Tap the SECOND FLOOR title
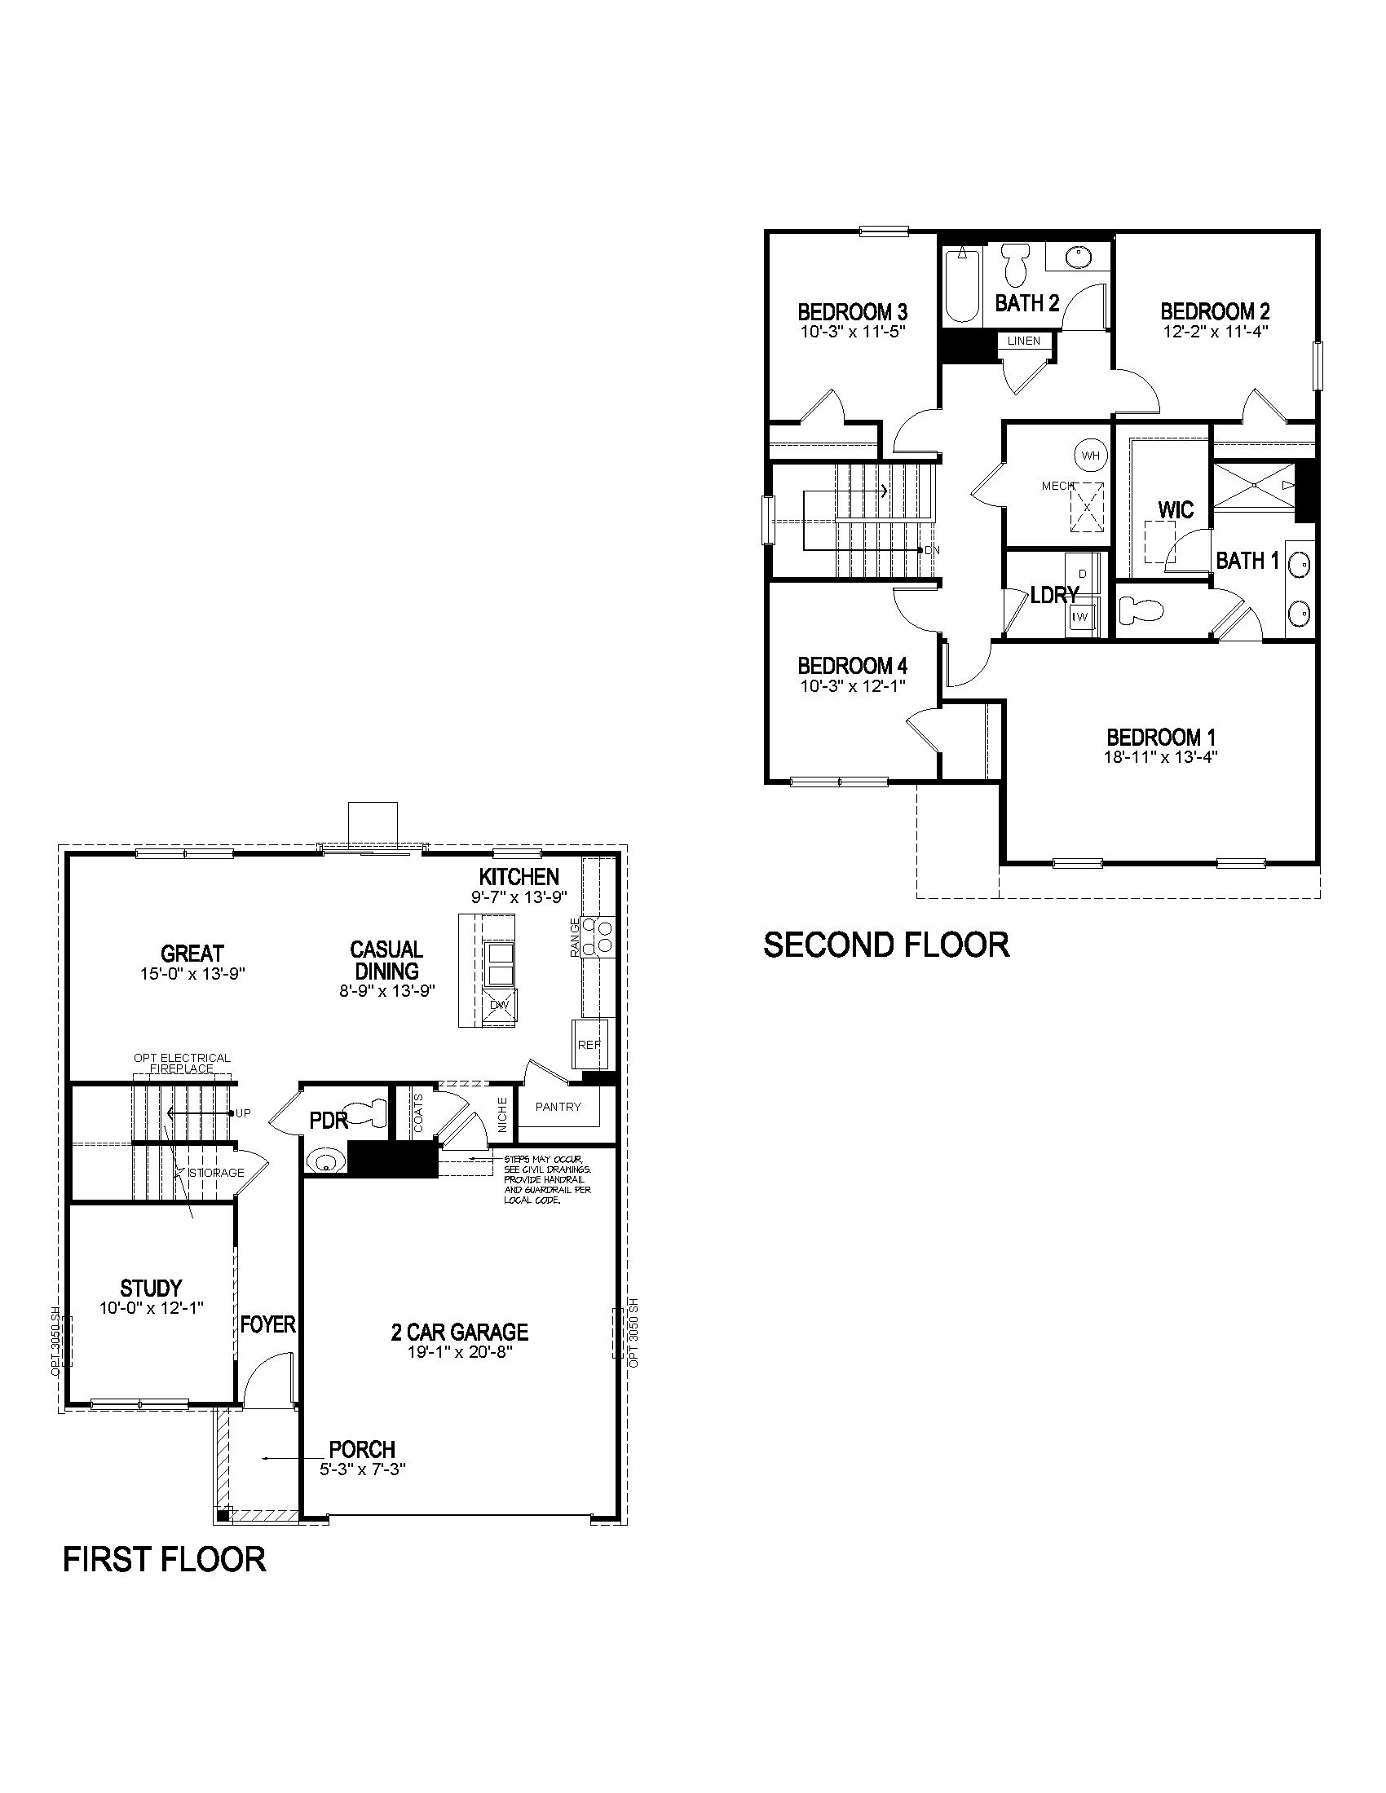coord(886,945)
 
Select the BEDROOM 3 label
coord(852,312)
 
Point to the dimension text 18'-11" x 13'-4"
coord(1160,757)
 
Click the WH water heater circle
coord(1089,455)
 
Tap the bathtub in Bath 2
coord(961,287)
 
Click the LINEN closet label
coord(1023,341)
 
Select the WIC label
coord(1175,510)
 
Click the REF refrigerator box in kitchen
coord(588,1044)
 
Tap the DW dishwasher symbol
coord(498,1005)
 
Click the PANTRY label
coord(558,1107)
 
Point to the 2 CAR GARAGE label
coord(460,1332)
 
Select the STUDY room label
coord(151,1288)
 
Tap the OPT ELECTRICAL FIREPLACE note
coord(183,1063)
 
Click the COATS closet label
coord(418,1112)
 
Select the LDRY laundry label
coord(1053,596)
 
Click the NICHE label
coord(502,1113)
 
